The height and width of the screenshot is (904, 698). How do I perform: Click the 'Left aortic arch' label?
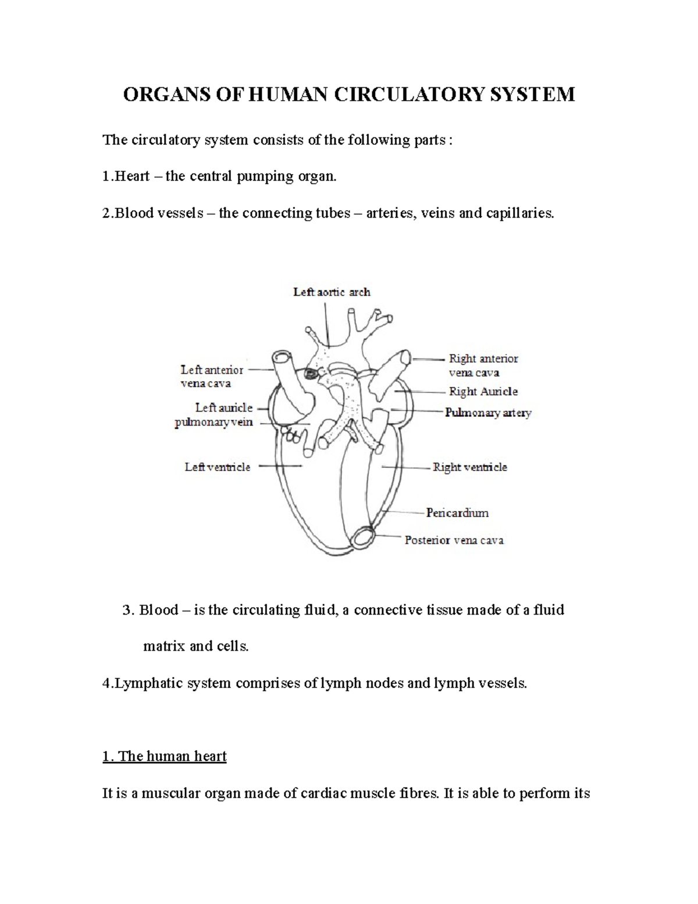332,292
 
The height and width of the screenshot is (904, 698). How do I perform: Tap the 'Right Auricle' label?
483,392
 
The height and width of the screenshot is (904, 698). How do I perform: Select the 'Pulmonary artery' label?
488,413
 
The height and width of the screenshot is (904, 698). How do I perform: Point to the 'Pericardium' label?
457,513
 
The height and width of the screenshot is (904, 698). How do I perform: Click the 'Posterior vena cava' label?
454,540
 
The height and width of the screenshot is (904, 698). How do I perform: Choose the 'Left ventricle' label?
218,467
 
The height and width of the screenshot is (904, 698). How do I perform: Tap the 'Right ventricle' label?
469,467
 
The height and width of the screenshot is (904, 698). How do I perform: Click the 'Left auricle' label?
224,407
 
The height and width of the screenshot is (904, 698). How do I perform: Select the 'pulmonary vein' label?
213,422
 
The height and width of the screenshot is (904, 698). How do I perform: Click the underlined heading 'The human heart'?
164,756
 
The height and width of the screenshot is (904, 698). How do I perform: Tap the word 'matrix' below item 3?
164,646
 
